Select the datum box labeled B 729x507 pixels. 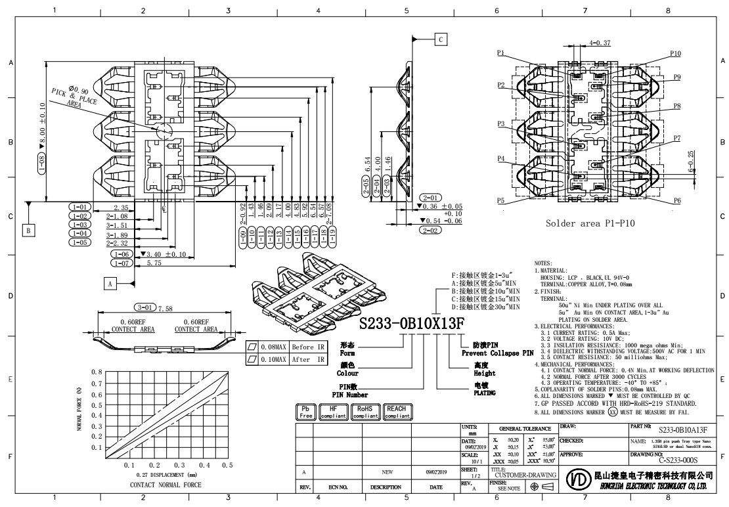coord(28,230)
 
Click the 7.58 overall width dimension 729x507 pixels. coord(166,308)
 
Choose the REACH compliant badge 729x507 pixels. coord(398,412)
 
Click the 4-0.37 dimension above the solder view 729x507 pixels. coord(600,43)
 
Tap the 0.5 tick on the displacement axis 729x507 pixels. coord(227,464)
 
